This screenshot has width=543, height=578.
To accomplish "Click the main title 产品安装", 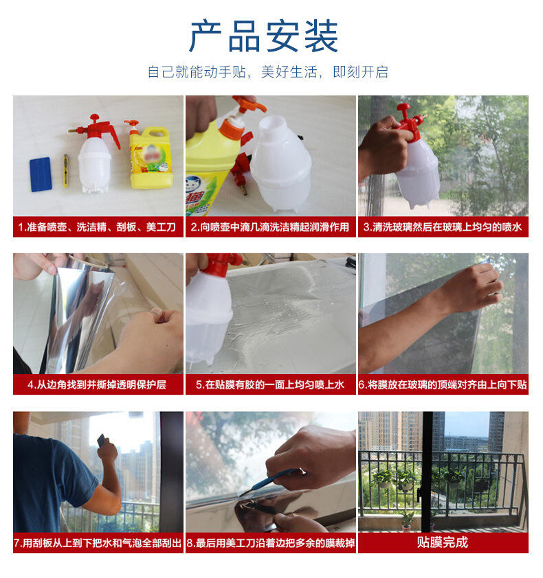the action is [x=263, y=36].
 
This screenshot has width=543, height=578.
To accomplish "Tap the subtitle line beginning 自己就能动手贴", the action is [x=267, y=72].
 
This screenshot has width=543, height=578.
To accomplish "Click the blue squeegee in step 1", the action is [x=41, y=174].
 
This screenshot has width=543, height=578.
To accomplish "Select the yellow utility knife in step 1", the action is [x=66, y=170].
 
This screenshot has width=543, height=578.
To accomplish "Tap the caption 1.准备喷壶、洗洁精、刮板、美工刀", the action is [x=97, y=227].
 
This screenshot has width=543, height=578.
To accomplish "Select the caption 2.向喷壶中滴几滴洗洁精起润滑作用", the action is [x=270, y=227].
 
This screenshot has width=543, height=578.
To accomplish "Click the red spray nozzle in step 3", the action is [x=409, y=117].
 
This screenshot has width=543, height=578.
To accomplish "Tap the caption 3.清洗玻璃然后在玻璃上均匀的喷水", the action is [x=442, y=227].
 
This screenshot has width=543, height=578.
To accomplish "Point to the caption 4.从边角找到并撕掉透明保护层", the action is [x=97, y=385].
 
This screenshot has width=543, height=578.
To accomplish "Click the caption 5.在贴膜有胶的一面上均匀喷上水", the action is [x=270, y=385].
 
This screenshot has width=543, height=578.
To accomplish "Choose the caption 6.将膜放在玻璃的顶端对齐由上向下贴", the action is [x=443, y=385].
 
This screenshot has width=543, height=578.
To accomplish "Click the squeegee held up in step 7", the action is [x=102, y=441].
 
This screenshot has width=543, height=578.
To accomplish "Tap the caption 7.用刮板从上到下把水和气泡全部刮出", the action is [x=98, y=543].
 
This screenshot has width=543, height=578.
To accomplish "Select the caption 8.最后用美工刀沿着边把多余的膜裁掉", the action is [x=271, y=543].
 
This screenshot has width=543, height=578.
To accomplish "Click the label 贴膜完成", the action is [x=443, y=542].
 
